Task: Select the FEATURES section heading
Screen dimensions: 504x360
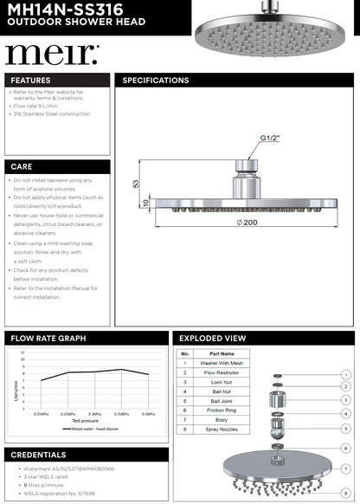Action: (31, 81)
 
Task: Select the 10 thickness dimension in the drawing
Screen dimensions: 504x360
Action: (146, 202)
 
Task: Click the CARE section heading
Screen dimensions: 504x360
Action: (22, 165)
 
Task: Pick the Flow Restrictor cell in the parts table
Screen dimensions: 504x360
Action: (222, 372)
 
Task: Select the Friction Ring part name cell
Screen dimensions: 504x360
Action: (222, 410)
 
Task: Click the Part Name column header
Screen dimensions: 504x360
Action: (222, 353)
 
